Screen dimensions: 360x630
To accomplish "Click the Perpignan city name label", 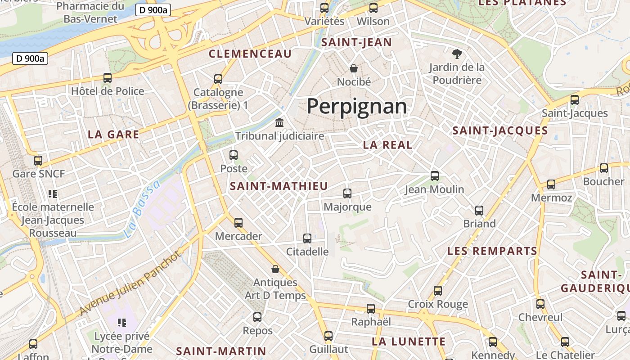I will pos(357,107).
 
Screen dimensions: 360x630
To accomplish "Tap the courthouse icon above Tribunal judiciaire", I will pos(279,122).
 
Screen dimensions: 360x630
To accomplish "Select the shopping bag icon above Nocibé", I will pos(354,68).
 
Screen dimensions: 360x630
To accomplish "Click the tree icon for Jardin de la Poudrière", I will pos(457,54).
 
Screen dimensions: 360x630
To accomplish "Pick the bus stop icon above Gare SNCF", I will pos(38,160).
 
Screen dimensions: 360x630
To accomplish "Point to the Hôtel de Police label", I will pos(108,91).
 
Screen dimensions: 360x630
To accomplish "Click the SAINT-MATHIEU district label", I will pos(279,186).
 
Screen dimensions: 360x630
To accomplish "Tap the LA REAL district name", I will pos(387,145).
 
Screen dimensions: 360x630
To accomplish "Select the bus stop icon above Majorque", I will pos(347,193).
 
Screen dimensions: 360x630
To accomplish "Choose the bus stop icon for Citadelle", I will pos(307,238).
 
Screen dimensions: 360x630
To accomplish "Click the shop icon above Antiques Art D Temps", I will pos(275,269).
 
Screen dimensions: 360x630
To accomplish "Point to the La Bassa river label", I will pos(141,209).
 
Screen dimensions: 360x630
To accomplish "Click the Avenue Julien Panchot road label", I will pos(130,283).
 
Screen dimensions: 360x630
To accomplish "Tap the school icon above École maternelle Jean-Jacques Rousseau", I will pos(53,194).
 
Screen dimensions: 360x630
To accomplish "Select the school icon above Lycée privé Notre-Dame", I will pos(121,322).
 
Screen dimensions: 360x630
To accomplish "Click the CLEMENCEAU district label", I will pos(250,54).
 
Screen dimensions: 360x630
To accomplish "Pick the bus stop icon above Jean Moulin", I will pos(435,176).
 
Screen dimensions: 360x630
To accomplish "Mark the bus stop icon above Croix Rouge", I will pos(438,291).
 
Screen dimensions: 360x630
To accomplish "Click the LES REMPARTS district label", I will pos(492,251).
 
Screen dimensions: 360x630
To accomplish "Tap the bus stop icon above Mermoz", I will pos(551,184).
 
